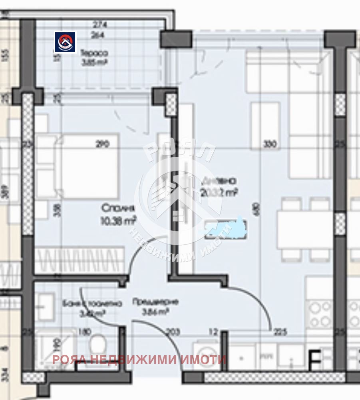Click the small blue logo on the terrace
coord(65,42)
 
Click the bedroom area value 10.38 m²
coord(118,220)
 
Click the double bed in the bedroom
coord(78,166)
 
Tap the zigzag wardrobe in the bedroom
coord(78,260)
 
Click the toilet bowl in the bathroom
coord(97,343)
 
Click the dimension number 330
coord(270,145)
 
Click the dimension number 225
coord(280,331)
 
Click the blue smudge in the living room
coord(226,228)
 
